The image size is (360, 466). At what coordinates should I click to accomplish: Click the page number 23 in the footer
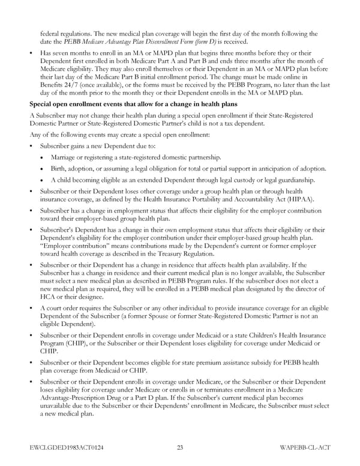180,446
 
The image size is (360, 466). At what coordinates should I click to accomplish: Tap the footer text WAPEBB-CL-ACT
304,446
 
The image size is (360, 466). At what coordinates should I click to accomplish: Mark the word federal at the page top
50,34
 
